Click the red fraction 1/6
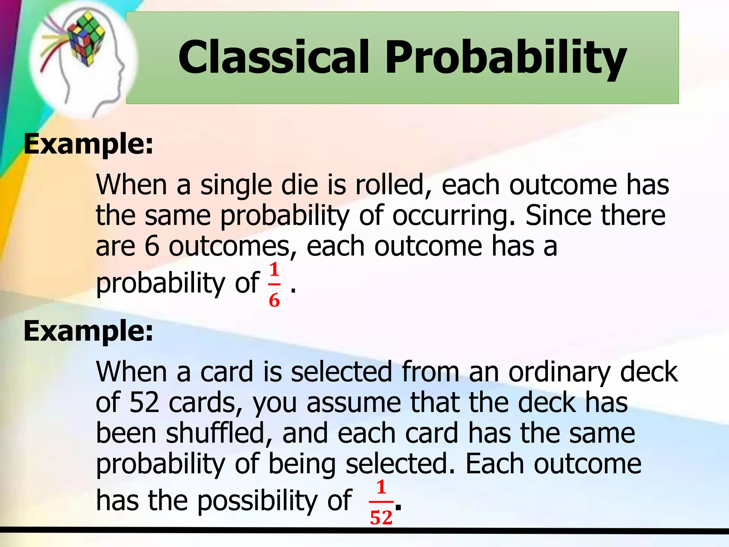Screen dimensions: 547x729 coord(274,285)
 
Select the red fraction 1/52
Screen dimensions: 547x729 coord(381,502)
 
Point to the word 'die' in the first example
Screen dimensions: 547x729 coord(300,185)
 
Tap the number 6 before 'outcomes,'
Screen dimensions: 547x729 coord(152,246)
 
